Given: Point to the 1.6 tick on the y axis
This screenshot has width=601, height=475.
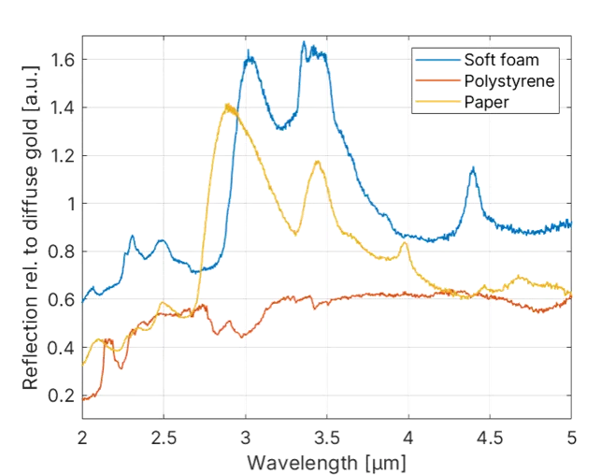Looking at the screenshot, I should [61, 59].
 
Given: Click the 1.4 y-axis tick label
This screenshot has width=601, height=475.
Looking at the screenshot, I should [61, 108].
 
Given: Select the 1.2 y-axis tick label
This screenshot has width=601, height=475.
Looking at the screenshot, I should [61, 155].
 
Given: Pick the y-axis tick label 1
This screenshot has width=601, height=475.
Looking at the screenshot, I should [67, 204].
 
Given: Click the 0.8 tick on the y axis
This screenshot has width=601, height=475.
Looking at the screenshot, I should [61, 252].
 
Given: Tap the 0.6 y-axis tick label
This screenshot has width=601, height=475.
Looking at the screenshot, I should [61, 300].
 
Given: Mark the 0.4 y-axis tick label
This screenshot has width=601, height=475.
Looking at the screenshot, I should [61, 348].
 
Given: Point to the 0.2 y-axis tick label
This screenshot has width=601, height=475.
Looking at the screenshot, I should [61, 396].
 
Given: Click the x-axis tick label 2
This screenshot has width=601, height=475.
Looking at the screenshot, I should [82, 437].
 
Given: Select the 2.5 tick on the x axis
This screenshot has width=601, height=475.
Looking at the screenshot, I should [164, 437].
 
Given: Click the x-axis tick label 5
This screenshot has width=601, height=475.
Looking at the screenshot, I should [571, 437].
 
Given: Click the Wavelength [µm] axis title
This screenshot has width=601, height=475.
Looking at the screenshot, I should [326, 461].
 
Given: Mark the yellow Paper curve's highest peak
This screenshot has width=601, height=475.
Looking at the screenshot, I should [227, 106].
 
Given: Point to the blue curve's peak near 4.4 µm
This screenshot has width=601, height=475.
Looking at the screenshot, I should [474, 168].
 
